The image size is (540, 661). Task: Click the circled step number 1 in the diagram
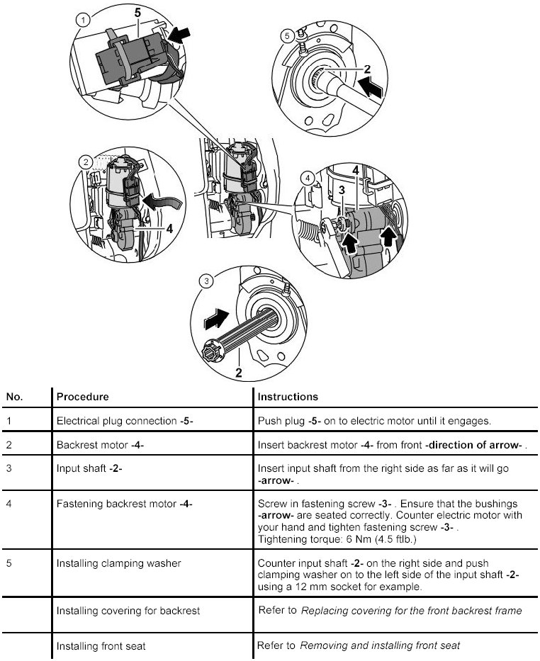pos(84,20)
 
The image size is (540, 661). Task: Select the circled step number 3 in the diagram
pos(206,281)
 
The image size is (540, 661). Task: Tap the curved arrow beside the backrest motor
pos(162,203)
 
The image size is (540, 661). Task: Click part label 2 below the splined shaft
pos(239,370)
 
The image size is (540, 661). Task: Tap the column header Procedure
pos(82,397)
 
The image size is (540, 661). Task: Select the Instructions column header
pos(288,397)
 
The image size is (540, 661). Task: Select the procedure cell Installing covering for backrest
pos(128,610)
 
